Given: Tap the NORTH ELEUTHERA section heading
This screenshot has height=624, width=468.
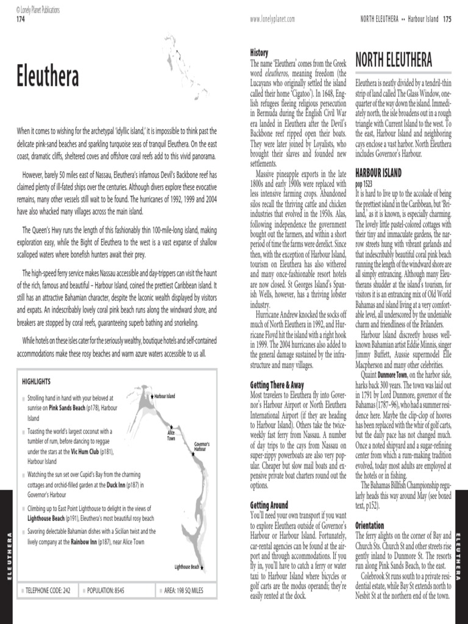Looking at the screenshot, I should pos(394,60).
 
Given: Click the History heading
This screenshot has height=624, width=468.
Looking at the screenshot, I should pos(260,53).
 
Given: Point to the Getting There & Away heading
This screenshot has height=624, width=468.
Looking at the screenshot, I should pos(277,385).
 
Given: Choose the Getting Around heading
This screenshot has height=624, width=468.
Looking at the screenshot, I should pos(269,505).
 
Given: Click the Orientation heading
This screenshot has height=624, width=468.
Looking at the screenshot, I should pos(369,525).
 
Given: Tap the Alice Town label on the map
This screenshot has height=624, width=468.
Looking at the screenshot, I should pos(171,436).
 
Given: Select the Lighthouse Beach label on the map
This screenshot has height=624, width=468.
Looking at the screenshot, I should pos(186,567).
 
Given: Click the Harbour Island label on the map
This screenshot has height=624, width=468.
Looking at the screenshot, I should pos(165,396).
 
